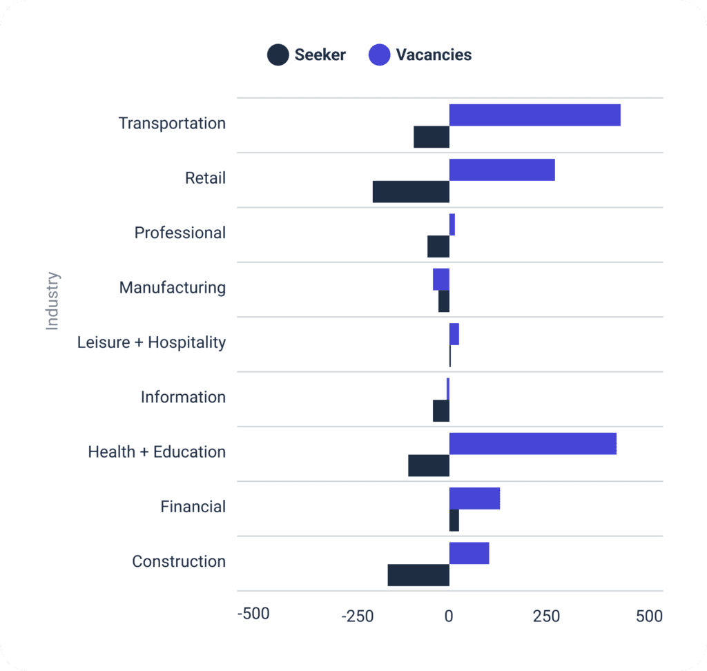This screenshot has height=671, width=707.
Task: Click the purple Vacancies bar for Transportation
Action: [x=534, y=115]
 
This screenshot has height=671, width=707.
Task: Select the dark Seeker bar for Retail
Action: [x=411, y=192]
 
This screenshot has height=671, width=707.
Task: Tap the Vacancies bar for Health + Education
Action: [x=532, y=444]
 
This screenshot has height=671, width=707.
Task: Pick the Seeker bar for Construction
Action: [x=418, y=575]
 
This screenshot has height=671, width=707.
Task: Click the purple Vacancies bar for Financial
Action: [x=474, y=498]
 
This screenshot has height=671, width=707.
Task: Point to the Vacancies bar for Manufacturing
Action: [x=441, y=280]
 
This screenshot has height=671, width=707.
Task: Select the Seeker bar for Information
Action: [x=441, y=411]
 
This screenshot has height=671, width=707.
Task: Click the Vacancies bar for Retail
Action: [x=502, y=170]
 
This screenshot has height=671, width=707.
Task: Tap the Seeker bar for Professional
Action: [x=438, y=246]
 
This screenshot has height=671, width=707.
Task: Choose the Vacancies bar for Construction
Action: [x=469, y=553]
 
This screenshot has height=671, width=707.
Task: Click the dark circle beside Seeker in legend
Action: [x=278, y=55]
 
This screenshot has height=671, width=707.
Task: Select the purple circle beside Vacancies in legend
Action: [x=379, y=55]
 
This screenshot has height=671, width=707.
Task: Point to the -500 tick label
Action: [x=253, y=614]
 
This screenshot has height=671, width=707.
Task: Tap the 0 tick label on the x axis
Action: [x=449, y=616]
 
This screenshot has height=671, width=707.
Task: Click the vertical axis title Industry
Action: [x=52, y=301]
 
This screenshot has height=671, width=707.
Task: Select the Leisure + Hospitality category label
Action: [x=151, y=342]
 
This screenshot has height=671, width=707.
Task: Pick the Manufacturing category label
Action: [x=172, y=287]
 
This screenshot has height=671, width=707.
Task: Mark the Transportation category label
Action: [x=172, y=123]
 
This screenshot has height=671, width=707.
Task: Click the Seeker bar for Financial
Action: [x=454, y=521]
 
